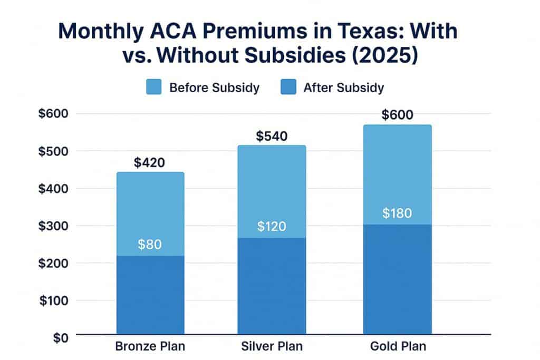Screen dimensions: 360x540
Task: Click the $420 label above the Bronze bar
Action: pos(150,162)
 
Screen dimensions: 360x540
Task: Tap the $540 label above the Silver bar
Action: pos(272,136)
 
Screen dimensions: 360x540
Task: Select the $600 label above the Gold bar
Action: pos(398,115)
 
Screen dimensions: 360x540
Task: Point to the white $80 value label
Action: pos(150,245)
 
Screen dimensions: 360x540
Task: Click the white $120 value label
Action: pos(272,227)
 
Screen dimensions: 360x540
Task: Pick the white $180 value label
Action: pos(398,213)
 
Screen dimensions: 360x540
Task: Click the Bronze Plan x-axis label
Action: pos(150,347)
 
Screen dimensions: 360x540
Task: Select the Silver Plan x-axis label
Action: pos(272,347)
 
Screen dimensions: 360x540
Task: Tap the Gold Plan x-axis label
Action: pos(398,347)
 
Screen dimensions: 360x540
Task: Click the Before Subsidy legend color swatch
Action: pos(154,87)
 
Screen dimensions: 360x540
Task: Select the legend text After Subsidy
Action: pos(343,87)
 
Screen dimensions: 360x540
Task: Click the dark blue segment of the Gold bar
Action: pos(398,279)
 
